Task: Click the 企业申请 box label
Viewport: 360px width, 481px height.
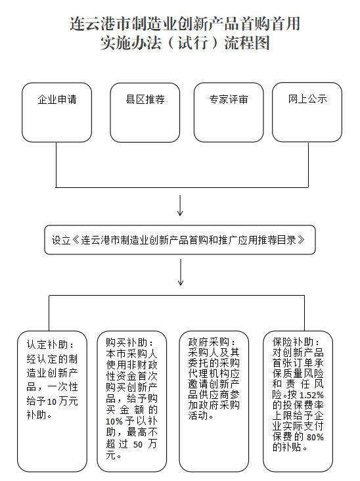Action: [56, 101]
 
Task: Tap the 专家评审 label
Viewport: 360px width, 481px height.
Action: [229, 101]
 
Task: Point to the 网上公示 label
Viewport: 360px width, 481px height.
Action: [307, 100]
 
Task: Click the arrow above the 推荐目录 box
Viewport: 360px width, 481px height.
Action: [180, 206]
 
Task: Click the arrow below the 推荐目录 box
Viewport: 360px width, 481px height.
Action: [180, 272]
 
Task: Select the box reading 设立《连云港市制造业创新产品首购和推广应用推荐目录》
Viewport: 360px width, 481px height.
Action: [180, 240]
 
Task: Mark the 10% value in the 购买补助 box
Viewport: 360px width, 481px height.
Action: [114, 421]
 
